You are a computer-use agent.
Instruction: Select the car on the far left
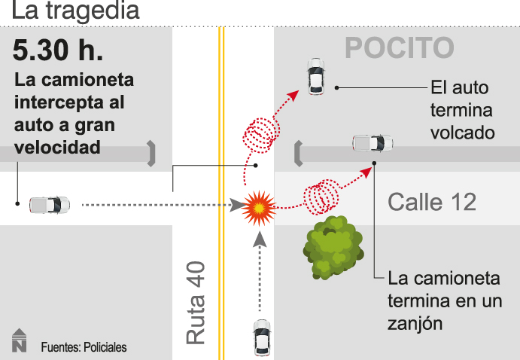pos(50,204)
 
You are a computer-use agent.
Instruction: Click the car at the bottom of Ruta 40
pos(261,337)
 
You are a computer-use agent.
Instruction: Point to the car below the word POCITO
pos(316,76)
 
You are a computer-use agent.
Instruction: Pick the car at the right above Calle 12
pos(373,142)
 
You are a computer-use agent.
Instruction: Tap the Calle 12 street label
pos(431,202)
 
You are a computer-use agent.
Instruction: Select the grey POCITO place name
pos(399,48)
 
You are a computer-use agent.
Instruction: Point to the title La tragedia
pos(70,12)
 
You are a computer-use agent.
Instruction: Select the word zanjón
pos(414,323)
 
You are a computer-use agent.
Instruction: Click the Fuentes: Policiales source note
pos(84,347)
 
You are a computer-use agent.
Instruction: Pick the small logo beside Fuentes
pos(19,341)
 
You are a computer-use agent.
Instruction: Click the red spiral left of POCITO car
pos(260,136)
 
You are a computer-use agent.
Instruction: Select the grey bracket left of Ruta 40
pos(152,153)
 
